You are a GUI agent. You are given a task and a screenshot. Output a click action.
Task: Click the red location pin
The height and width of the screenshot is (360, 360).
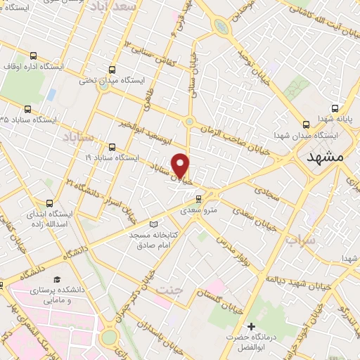pyautogui.click(x=181, y=165)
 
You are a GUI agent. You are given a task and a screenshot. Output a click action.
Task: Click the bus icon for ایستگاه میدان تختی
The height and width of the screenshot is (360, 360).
pyautogui.click(x=112, y=70)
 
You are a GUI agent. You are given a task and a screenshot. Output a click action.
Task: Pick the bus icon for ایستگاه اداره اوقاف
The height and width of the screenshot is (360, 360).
pyautogui.click(x=33, y=56)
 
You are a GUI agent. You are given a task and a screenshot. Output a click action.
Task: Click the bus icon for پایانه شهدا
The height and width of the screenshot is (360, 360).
pyautogui.click(x=335, y=109)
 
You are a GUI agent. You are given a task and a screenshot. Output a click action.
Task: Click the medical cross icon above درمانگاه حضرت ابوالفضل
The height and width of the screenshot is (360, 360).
pyautogui.click(x=251, y=326)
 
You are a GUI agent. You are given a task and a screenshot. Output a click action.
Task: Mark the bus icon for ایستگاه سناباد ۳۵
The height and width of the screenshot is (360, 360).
pyautogui.click(x=27, y=109)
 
